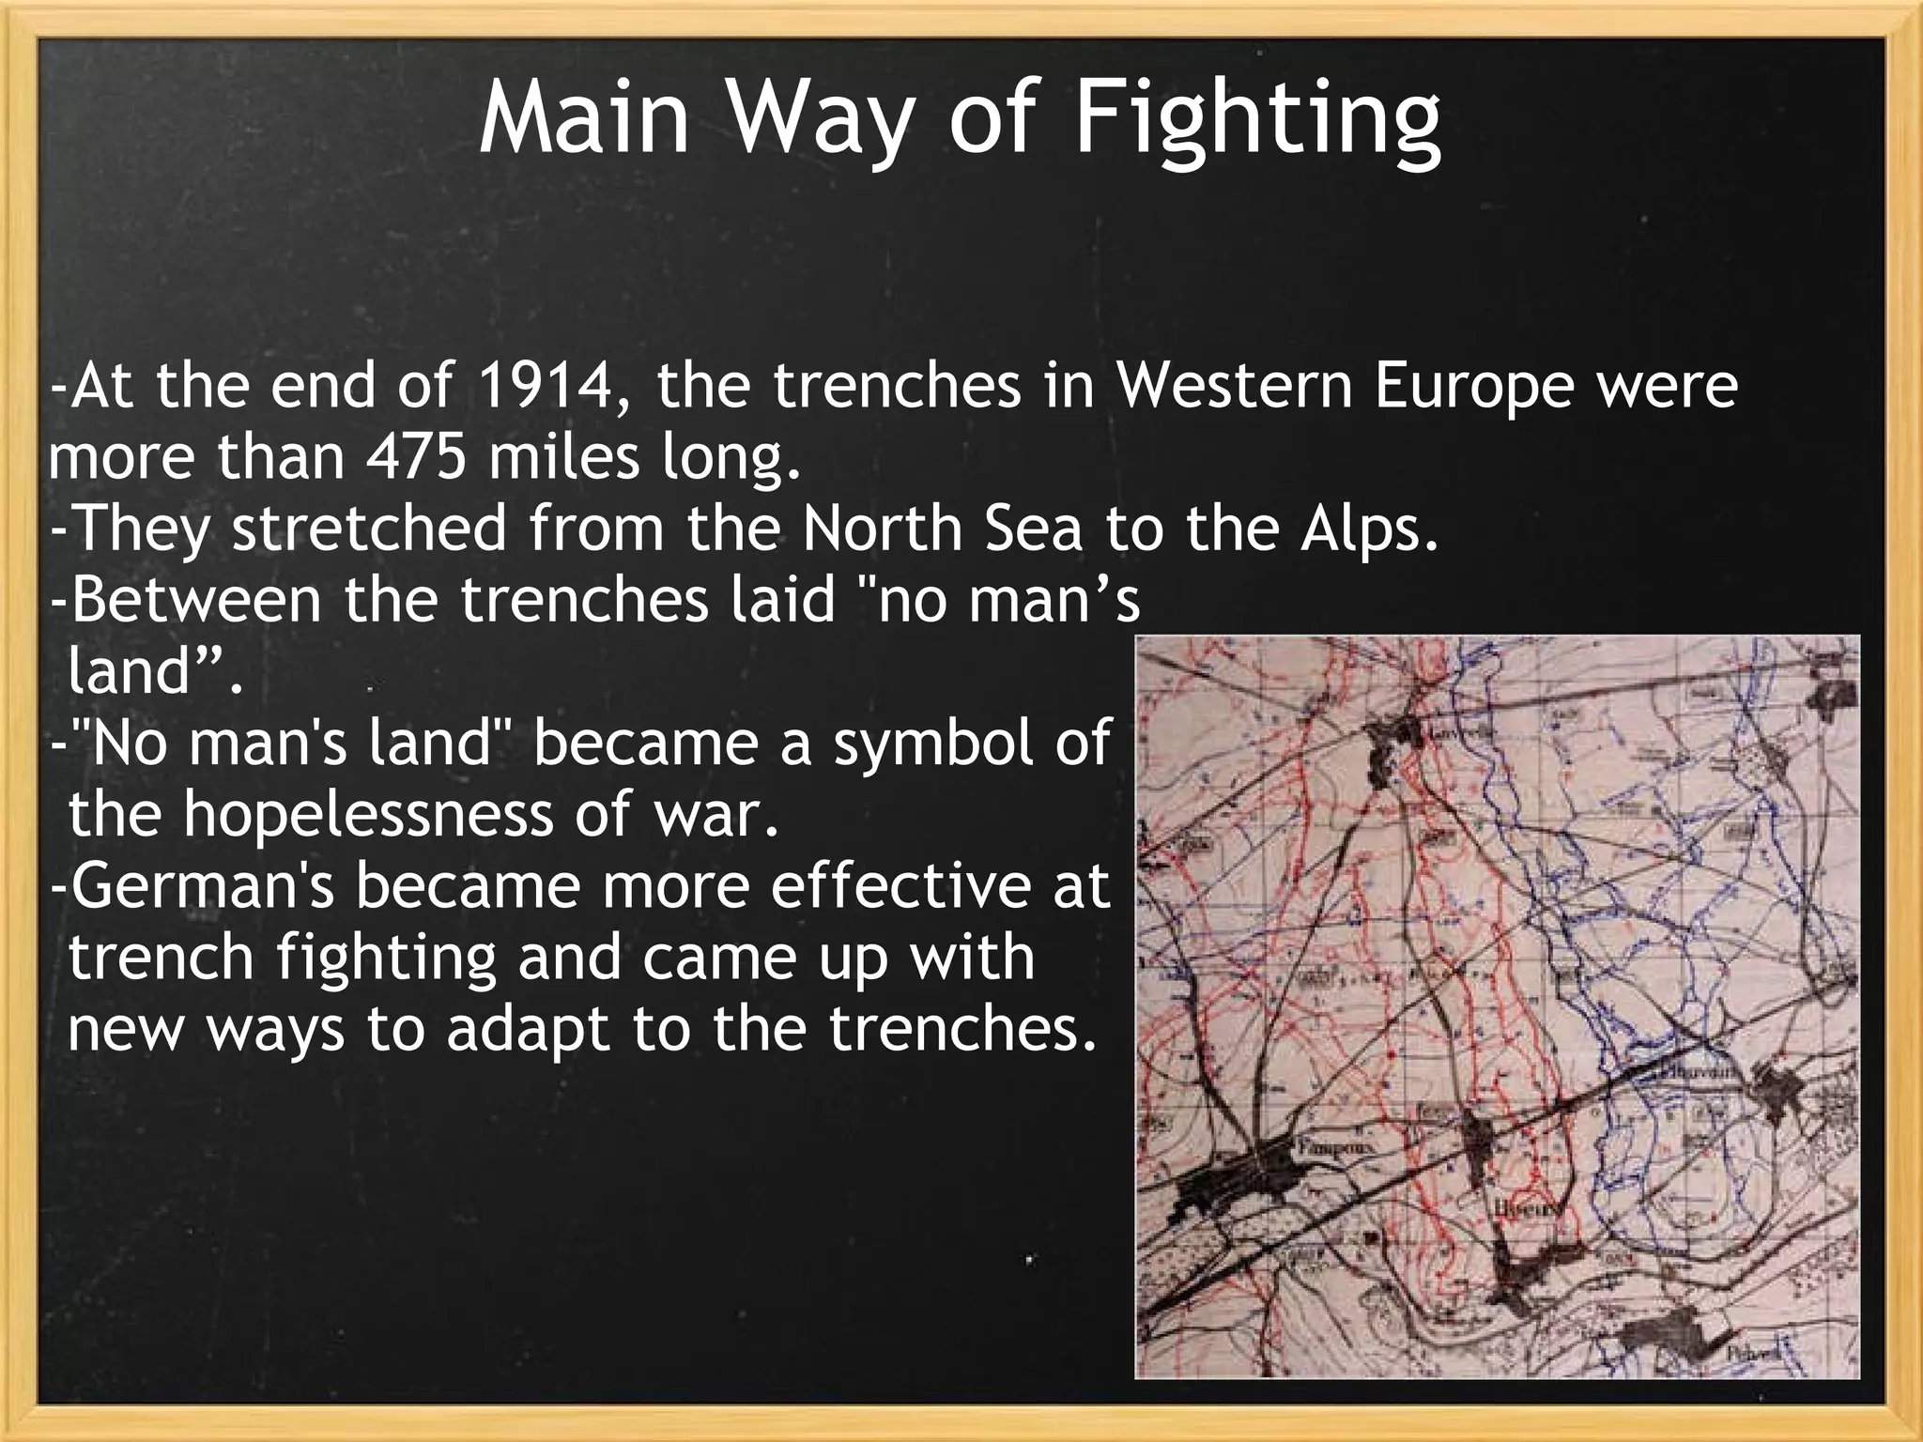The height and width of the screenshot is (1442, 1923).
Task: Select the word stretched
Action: click(369, 528)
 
